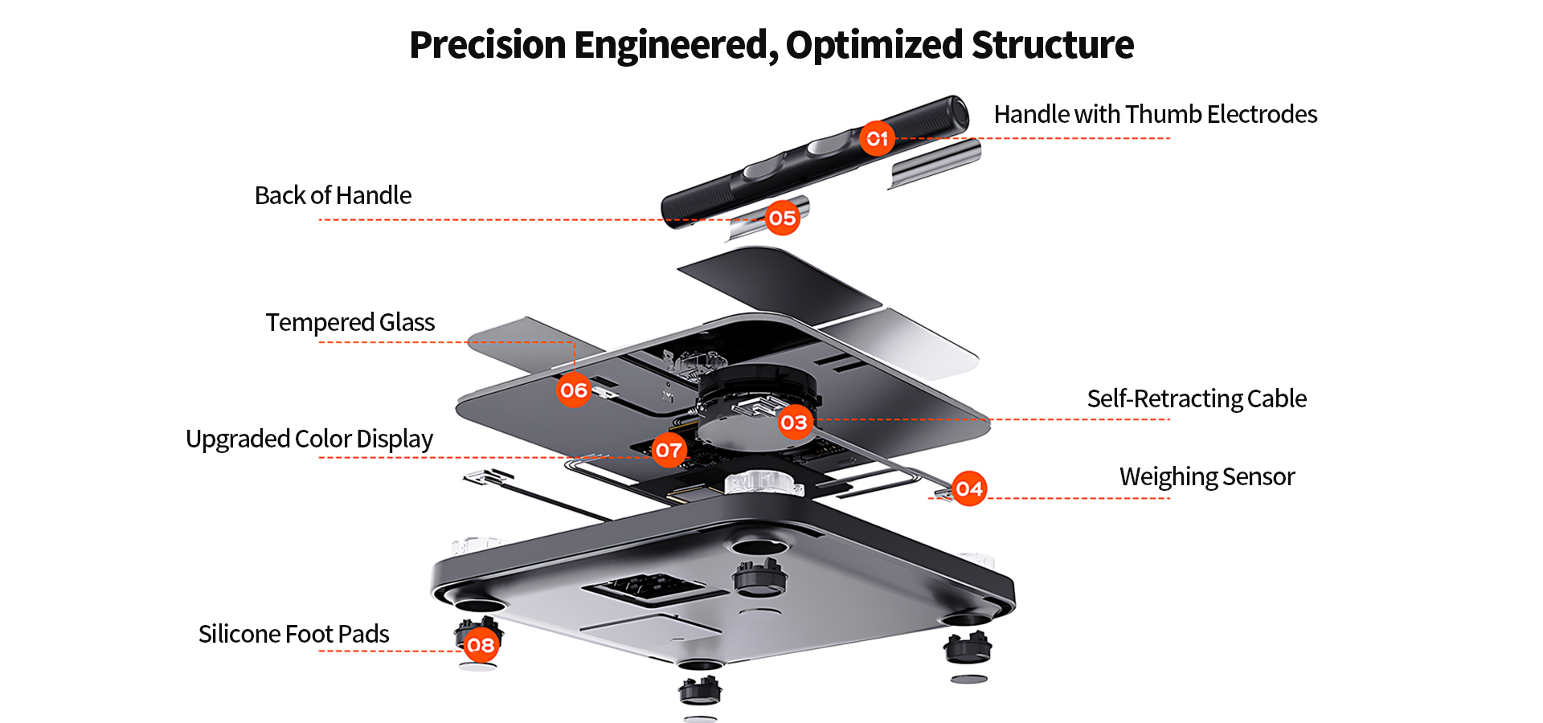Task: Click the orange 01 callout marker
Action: (x=877, y=138)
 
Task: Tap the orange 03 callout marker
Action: (x=794, y=422)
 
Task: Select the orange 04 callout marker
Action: (x=969, y=488)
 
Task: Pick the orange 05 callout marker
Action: (x=782, y=218)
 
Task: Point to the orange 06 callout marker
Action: (x=574, y=390)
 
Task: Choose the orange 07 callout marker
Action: (x=669, y=450)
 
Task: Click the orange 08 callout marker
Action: (x=481, y=644)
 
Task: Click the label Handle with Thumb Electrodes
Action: (x=1155, y=114)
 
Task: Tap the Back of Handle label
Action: (x=333, y=195)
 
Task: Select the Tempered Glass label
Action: (x=350, y=322)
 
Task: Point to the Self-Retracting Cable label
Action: (x=1197, y=398)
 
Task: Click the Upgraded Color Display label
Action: (x=309, y=439)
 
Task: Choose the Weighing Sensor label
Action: (x=1207, y=476)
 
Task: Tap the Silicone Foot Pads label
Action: (x=293, y=634)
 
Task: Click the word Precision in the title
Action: (x=488, y=44)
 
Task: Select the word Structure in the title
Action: (x=1052, y=44)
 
